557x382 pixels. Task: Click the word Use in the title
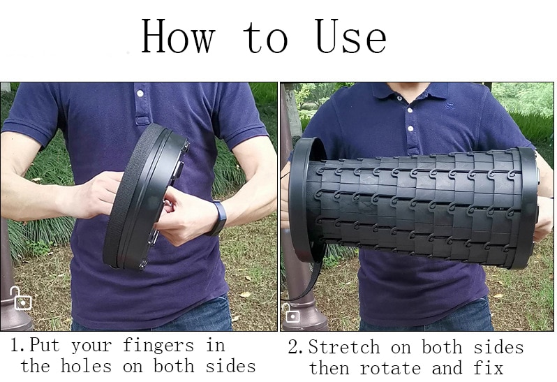point(350,36)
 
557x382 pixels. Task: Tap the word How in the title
point(178,36)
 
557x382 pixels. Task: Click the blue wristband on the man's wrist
point(217,218)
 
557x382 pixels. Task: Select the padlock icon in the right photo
point(291,313)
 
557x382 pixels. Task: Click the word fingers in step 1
point(158,346)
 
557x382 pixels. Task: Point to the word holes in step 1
point(86,366)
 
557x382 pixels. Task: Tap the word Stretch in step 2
point(344,347)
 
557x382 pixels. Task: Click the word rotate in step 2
point(390,369)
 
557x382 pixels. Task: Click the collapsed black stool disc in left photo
point(146,197)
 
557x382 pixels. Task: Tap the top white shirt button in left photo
point(140,94)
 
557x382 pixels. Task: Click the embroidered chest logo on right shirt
point(450,105)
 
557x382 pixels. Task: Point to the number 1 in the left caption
point(14,345)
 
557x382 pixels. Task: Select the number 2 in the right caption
point(293,347)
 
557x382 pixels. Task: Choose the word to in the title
point(265,38)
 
